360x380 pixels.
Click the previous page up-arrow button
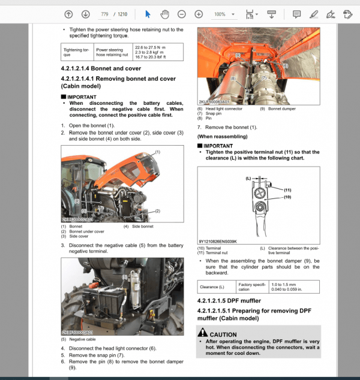click(x=69, y=14)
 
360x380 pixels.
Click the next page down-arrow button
click(x=86, y=14)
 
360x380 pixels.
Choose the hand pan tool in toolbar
click(x=163, y=14)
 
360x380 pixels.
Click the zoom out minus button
click(x=181, y=14)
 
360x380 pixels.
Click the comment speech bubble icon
click(x=296, y=14)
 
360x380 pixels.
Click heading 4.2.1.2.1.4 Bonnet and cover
click(x=101, y=68)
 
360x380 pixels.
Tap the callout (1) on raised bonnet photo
click(x=157, y=152)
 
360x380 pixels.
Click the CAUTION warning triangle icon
click(x=203, y=334)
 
